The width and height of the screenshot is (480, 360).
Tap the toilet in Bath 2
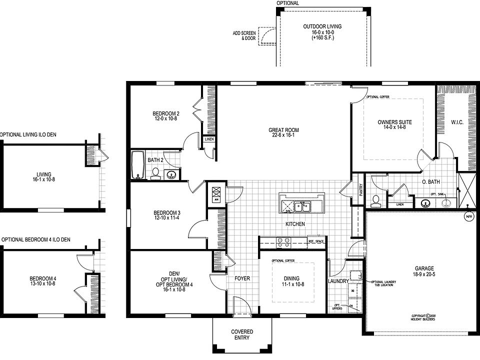click(x=155, y=173)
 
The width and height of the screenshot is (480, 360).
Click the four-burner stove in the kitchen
click(x=284, y=242)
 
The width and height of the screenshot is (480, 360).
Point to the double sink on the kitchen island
click(x=302, y=206)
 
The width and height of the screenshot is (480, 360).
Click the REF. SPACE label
click(x=316, y=242)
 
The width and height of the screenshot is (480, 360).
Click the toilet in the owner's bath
click(x=376, y=200)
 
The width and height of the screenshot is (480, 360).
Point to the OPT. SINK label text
click(x=437, y=193)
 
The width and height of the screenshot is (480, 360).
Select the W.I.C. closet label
click(x=457, y=121)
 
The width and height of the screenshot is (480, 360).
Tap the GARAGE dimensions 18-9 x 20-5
click(x=423, y=274)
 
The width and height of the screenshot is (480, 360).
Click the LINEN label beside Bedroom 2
click(x=209, y=139)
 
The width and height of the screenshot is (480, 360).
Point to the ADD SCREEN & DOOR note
click(x=243, y=35)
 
